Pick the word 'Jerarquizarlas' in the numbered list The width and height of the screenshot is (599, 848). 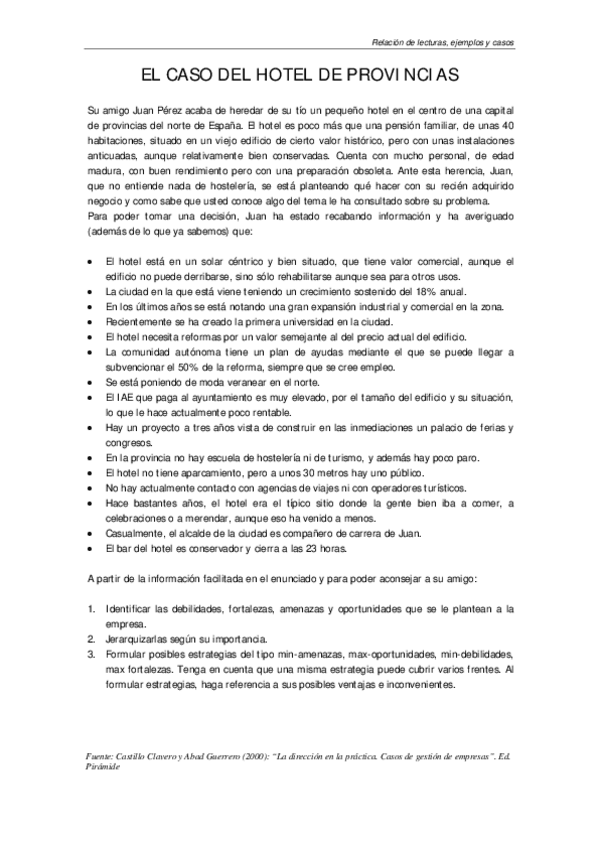tap(137, 637)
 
